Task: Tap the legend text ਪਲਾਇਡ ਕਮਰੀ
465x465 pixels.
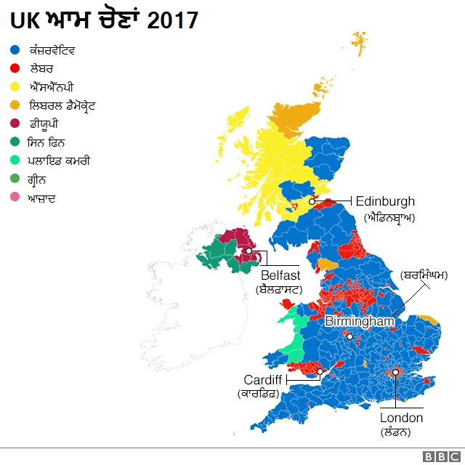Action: [60, 161]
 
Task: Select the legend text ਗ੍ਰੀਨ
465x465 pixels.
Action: [41, 179]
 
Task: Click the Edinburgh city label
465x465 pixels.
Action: [385, 201]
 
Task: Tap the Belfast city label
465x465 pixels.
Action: [280, 275]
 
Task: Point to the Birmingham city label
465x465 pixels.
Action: [359, 320]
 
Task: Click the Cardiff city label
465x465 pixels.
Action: [262, 380]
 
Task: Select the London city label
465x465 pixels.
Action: [401, 418]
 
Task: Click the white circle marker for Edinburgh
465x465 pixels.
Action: [312, 201]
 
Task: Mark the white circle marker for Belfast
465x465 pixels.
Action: [248, 251]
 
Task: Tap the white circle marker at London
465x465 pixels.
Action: [395, 372]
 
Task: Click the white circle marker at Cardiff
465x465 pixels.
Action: [320, 372]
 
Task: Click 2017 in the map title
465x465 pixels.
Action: [172, 20]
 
